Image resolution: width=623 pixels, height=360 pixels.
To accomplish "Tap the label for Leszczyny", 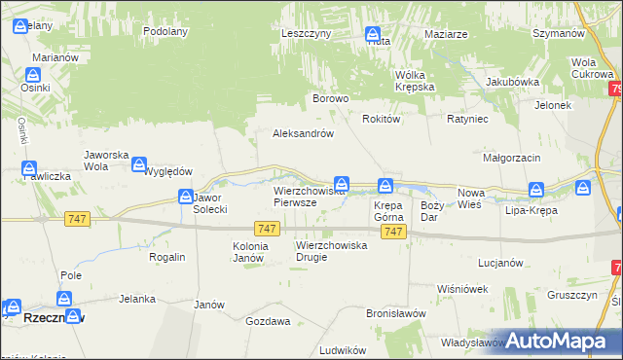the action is [307, 32].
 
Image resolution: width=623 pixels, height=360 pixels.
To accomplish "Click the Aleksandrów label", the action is [304, 134].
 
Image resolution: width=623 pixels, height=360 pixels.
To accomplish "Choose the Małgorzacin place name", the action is [512, 156].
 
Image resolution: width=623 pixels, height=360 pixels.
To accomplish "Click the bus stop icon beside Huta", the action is [373, 36].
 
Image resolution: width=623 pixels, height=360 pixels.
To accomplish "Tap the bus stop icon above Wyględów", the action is [140, 165].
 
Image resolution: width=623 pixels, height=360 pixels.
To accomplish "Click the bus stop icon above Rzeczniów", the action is [66, 299].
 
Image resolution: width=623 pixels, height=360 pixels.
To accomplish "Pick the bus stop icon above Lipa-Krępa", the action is [535, 190].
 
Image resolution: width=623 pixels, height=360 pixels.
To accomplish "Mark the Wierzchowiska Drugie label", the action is [331, 251].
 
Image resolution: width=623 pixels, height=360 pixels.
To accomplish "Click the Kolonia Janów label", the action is [248, 252].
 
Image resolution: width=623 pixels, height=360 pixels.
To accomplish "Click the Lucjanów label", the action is [501, 263].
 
